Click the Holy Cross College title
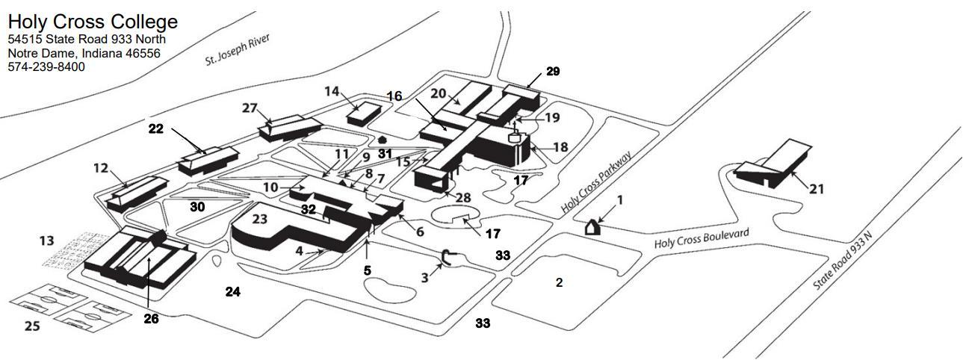click(x=93, y=22)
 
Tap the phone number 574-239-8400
click(x=46, y=67)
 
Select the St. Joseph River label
click(x=237, y=50)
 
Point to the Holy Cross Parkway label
click(x=597, y=184)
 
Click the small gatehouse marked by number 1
click(x=592, y=227)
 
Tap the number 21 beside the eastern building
click(x=817, y=189)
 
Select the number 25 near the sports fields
click(x=32, y=326)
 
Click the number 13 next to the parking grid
click(x=47, y=240)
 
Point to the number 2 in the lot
click(x=559, y=282)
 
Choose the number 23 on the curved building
click(x=259, y=220)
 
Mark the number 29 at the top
click(x=553, y=72)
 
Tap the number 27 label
click(x=250, y=108)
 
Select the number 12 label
click(x=102, y=169)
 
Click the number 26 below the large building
click(x=152, y=319)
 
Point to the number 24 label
click(x=233, y=292)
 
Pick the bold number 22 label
click(x=155, y=129)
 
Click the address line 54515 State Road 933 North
click(x=87, y=39)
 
